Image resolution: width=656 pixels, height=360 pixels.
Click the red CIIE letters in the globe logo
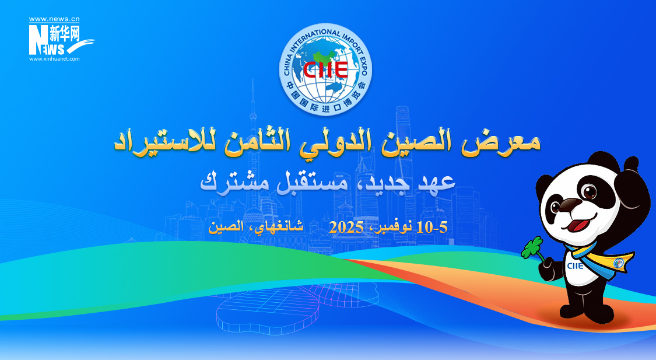(x=325, y=70)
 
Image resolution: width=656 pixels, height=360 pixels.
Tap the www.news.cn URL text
(x=54, y=19)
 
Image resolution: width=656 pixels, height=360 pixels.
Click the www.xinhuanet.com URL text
(x=54, y=59)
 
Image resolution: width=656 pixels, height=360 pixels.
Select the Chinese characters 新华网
(x=64, y=33)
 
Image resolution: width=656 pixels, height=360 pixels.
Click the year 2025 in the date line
(x=346, y=228)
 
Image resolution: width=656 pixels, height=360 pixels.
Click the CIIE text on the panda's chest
(x=575, y=265)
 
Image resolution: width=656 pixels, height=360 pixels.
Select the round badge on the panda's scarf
(x=618, y=263)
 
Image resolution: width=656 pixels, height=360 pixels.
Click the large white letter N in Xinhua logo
(x=36, y=40)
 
